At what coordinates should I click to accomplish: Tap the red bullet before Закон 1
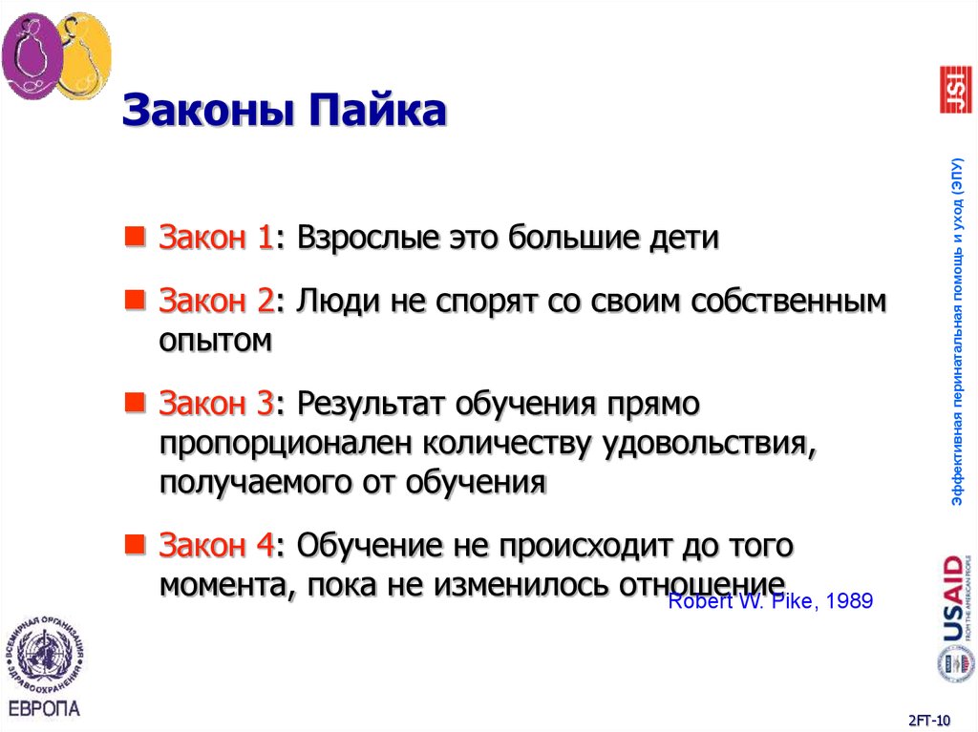pos(138,235)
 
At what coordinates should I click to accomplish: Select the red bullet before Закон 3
pos(138,402)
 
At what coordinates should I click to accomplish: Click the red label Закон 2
pos(216,302)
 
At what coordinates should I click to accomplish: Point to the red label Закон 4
pos(216,546)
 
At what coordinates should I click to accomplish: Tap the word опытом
pos(216,340)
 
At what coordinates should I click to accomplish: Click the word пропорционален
pos(287,443)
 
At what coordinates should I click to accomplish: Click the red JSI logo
pos(955,90)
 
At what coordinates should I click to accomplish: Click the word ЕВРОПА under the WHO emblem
pos(45,708)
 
